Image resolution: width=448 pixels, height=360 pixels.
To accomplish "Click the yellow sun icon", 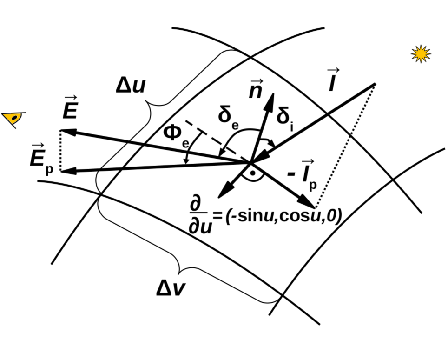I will (421, 54).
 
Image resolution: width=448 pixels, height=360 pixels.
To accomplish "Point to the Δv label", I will (171, 289).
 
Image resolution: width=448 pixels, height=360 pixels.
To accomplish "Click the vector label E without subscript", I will (71, 110).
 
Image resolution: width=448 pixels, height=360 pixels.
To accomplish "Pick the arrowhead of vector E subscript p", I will (66, 171).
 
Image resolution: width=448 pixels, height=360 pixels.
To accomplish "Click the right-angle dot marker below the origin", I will (250, 173).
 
